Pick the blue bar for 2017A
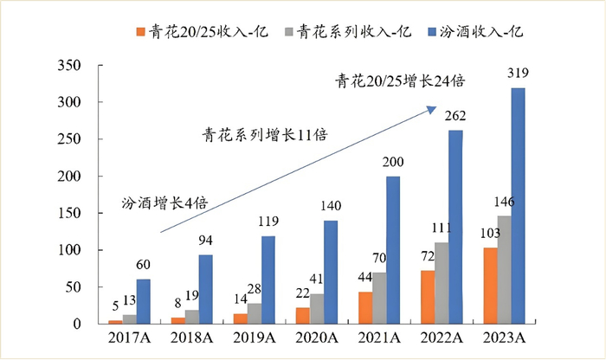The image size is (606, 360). (143, 301)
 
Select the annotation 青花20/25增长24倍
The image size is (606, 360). (401, 82)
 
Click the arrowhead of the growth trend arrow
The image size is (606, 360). (430, 108)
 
